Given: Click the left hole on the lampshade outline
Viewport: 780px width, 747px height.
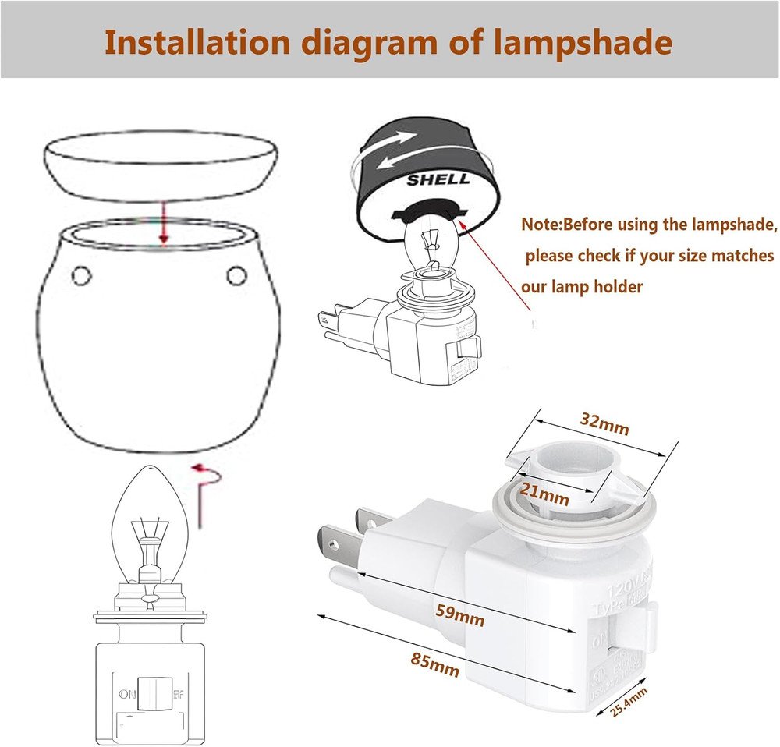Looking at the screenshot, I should coord(80,274).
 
